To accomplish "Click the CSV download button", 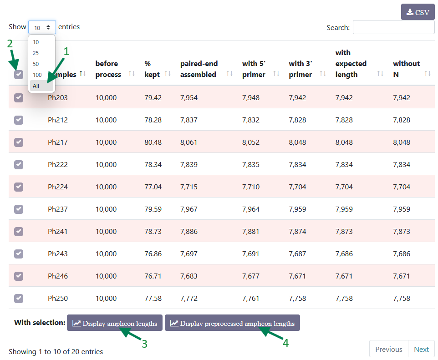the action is point(418,12).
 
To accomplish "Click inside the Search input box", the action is point(393,27).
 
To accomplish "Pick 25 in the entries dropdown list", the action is point(36,53).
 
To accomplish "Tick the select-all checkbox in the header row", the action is point(19,75).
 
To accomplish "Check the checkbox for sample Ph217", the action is point(19,142).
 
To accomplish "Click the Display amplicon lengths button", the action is point(115,323).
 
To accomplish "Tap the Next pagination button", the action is point(421,349).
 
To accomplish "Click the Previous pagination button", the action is point(388,349).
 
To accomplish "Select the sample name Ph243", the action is point(58,254).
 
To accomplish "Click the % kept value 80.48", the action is point(153,142).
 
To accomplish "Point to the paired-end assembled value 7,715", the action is point(189,187).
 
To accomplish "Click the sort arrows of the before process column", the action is point(132,73).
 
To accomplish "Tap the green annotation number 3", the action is point(144,344).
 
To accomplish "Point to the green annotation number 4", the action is point(285,343).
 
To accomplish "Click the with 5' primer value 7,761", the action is point(250,298).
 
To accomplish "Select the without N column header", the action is point(407,69).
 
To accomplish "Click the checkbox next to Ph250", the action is point(19,298).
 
